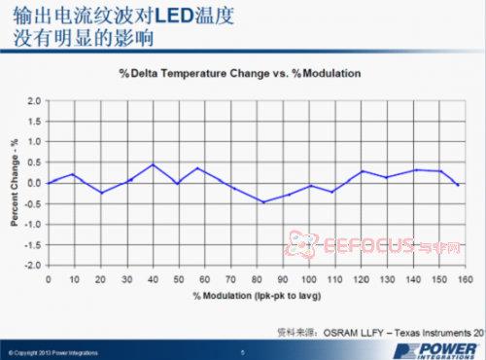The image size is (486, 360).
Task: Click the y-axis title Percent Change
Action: click(15, 183)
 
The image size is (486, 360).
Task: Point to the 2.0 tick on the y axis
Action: click(35, 100)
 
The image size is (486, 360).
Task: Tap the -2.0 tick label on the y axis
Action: click(33, 265)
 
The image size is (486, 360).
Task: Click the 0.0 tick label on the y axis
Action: click(35, 183)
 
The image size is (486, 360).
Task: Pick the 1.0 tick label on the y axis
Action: click(35, 142)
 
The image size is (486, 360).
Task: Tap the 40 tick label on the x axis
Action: click(153, 277)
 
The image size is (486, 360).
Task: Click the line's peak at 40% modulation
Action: click(153, 164)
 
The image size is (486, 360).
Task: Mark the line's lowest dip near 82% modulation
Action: click(261, 202)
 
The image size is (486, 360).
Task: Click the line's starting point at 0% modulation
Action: click(50, 183)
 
